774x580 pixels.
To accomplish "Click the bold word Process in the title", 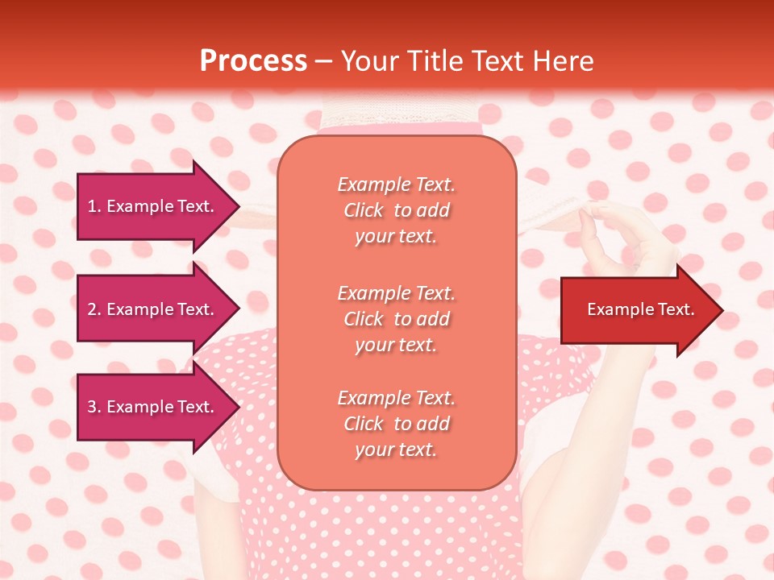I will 253,61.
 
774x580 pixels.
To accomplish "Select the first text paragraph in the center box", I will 396,210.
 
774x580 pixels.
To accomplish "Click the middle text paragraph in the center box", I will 396,319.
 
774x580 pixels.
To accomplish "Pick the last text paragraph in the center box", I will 396,424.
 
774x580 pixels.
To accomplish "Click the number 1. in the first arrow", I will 94,206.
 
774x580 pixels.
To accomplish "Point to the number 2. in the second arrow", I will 94,309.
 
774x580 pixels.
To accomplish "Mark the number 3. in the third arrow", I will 94,407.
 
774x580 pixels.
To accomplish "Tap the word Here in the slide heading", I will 564,61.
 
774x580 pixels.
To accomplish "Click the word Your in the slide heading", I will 371,61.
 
